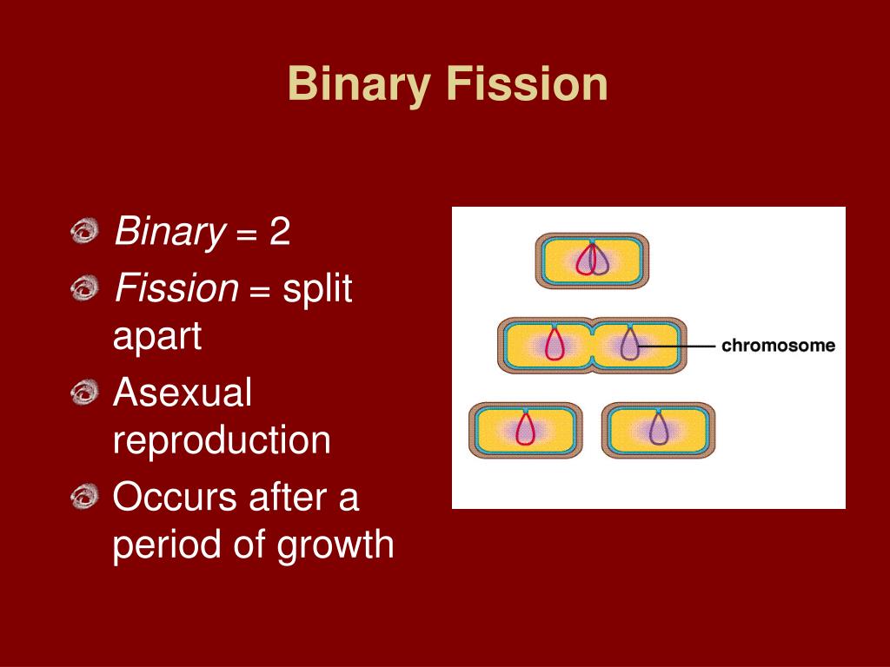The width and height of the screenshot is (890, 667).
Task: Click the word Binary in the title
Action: pyautogui.click(x=359, y=85)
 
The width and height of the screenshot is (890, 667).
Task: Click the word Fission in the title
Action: pyautogui.click(x=527, y=85)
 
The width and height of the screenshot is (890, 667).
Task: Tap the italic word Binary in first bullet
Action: pyautogui.click(x=169, y=233)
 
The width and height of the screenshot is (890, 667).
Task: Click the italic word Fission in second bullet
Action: pyautogui.click(x=176, y=287)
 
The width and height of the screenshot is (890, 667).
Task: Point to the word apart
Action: pyautogui.click(x=157, y=336)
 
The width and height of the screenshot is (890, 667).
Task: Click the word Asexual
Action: pyautogui.click(x=183, y=393)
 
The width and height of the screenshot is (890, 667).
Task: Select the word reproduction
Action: pyautogui.click(x=222, y=440)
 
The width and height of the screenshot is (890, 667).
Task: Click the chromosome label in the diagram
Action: pyautogui.click(x=778, y=346)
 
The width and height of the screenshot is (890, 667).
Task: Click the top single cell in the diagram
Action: pyautogui.click(x=592, y=260)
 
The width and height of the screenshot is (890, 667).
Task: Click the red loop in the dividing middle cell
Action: pyautogui.click(x=555, y=345)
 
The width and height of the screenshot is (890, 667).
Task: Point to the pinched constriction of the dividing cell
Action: pyautogui.click(x=592, y=345)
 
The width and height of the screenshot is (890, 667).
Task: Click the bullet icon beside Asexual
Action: pyautogui.click(x=85, y=394)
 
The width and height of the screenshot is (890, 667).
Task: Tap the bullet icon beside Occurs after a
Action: pyautogui.click(x=85, y=498)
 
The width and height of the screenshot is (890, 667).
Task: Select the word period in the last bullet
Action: pyautogui.click(x=161, y=546)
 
